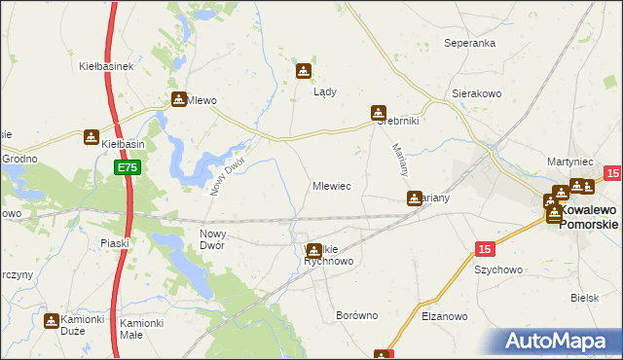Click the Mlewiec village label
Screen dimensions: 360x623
pyautogui.click(x=331, y=185)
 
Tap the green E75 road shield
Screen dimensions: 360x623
pyautogui.click(x=127, y=168)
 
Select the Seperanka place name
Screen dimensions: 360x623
pyautogui.click(x=470, y=44)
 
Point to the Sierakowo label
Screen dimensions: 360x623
pyautogui.click(x=475, y=94)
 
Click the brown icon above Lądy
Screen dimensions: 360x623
pyautogui.click(x=304, y=71)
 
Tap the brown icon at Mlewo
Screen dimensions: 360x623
pyautogui.click(x=179, y=99)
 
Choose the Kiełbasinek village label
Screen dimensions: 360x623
pyautogui.click(x=106, y=67)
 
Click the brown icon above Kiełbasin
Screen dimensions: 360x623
pyautogui.click(x=92, y=137)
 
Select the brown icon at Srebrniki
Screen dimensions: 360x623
pyautogui.click(x=378, y=113)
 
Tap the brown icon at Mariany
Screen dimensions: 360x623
pyautogui.click(x=415, y=198)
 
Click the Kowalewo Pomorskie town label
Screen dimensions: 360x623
pyautogui.click(x=589, y=217)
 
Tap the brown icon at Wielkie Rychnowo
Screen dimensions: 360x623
pyautogui.click(x=314, y=251)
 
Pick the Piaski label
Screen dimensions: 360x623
pyautogui.click(x=115, y=243)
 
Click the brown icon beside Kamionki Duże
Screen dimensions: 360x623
pyautogui.click(x=52, y=320)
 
